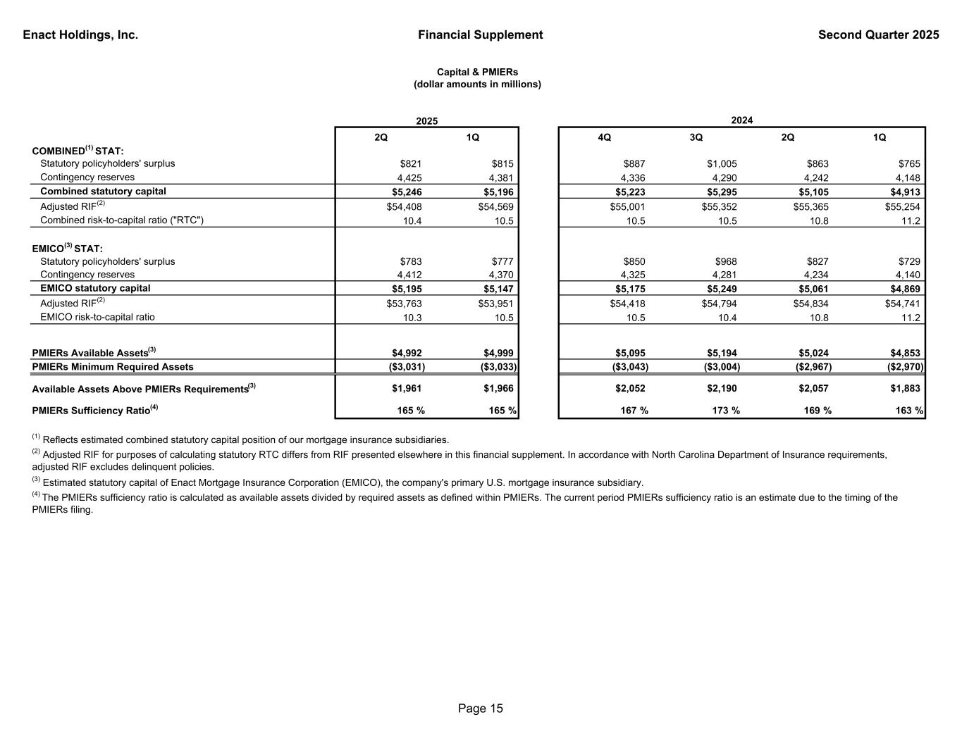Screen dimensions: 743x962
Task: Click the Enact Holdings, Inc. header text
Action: click(x=80, y=35)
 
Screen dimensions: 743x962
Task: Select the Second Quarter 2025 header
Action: click(x=878, y=35)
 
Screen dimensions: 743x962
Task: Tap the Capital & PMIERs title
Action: click(x=477, y=73)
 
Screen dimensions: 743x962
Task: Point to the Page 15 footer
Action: click(x=481, y=708)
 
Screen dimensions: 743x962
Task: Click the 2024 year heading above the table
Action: click(x=741, y=120)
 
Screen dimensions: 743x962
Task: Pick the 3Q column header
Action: click(x=696, y=137)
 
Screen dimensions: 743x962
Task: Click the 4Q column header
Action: click(x=604, y=137)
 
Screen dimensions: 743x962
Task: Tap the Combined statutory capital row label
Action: click(x=103, y=192)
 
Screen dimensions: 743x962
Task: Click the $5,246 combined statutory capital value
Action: click(x=407, y=192)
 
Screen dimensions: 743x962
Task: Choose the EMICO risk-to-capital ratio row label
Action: click(x=97, y=317)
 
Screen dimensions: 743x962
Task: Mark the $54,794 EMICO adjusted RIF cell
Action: click(x=719, y=304)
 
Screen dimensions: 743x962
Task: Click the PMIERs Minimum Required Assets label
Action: click(x=113, y=367)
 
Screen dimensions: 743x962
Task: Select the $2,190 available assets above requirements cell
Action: click(x=721, y=389)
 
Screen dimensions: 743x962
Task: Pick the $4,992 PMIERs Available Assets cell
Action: click(x=407, y=354)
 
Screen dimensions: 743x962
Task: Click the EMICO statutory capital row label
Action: click(x=95, y=289)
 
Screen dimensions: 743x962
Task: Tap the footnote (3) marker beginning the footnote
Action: click(x=37, y=482)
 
